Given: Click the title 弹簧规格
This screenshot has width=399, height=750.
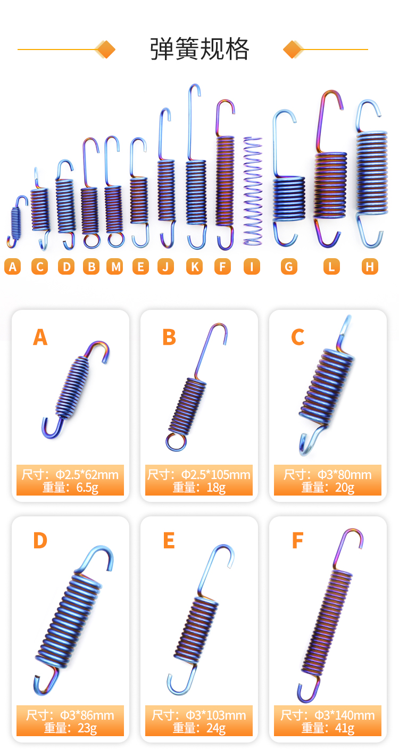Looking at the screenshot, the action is tap(199, 49).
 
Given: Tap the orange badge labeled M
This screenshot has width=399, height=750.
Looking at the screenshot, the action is tap(115, 267).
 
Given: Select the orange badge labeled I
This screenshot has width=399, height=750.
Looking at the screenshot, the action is tap(252, 267).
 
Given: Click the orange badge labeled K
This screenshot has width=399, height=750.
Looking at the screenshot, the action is tap(195, 267).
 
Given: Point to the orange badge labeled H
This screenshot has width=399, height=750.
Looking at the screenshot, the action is tap(370, 267).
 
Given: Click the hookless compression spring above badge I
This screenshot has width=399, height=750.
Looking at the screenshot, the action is tap(253, 191).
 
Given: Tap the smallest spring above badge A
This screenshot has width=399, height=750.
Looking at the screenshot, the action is tap(16, 221).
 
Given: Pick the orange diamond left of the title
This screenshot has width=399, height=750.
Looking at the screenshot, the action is tap(105, 50).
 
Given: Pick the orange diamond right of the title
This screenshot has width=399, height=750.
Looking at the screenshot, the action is tap(293, 50).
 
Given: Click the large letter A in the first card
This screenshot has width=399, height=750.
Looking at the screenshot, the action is tap(40, 337).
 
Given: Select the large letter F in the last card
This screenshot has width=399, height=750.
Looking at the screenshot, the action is tap(297, 540).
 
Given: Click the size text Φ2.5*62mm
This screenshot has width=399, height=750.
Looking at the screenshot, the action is tap(87, 475).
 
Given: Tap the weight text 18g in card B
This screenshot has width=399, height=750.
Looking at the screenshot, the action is tap(216, 488).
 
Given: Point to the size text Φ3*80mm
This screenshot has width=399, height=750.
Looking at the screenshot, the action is tap(344, 475).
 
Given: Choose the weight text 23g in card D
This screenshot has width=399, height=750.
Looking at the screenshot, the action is tap(87, 728).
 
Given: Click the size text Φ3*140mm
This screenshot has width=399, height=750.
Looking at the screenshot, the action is tap(344, 715).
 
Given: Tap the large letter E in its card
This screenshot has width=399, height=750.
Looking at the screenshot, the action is tap(169, 540).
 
